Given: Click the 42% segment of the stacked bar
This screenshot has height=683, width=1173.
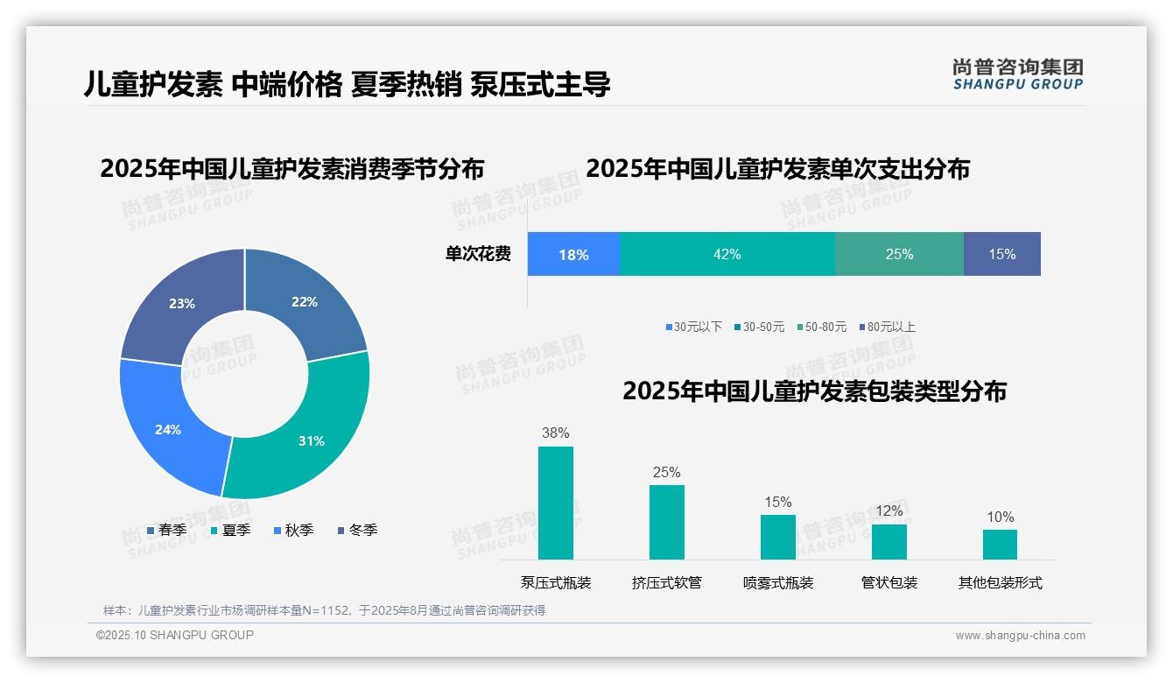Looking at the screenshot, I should click(727, 254).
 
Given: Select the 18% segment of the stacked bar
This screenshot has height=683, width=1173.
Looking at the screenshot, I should click(573, 254).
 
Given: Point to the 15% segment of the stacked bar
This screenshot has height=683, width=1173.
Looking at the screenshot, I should click(1001, 254).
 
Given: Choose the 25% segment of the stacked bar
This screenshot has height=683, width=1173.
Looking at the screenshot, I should click(899, 254).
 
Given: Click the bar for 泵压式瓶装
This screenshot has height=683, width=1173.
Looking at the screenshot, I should click(556, 503).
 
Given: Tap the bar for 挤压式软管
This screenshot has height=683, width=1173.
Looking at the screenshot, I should click(666, 523).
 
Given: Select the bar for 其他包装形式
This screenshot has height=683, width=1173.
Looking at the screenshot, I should click(1000, 545).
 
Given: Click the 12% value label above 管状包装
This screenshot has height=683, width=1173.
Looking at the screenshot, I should click(889, 510).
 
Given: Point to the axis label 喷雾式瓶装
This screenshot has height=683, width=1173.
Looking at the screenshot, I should click(778, 583).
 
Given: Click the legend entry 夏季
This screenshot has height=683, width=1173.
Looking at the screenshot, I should click(231, 530).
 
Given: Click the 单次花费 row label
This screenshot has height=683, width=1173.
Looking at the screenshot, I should click(478, 254).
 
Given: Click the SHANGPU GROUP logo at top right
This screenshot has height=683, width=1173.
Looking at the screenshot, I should click(1017, 74).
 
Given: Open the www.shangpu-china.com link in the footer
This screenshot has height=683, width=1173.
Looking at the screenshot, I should click(1020, 636).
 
